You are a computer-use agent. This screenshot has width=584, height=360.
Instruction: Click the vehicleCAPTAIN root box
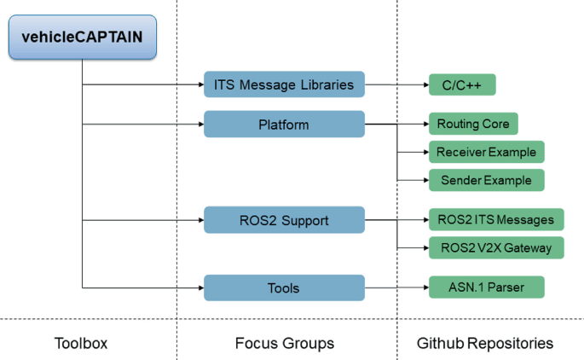pos(82,38)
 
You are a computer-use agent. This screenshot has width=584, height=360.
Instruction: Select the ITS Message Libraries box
pos(284,85)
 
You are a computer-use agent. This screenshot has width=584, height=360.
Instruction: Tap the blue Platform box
pos(284,125)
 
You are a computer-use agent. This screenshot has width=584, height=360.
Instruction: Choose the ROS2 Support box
pos(284,220)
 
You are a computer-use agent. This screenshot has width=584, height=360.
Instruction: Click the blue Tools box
pos(284,287)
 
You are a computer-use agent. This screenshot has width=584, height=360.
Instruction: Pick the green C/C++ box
pos(460,85)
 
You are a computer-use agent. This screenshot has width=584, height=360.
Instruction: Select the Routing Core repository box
pos(472,125)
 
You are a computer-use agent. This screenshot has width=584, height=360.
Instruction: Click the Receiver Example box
pos(485,153)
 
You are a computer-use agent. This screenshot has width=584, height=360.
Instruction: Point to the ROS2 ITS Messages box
pos(494,220)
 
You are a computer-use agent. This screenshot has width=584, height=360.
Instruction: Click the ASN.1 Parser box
pos(485,287)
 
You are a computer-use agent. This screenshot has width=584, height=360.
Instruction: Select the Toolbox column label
pos(82,343)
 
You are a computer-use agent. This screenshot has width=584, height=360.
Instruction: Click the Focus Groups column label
pos(284,343)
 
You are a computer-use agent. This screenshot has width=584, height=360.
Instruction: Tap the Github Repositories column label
pos(484,343)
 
